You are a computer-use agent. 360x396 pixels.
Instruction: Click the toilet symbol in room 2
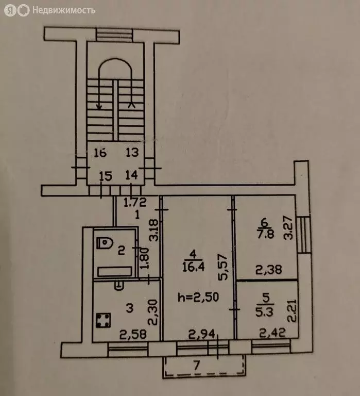click(105, 243)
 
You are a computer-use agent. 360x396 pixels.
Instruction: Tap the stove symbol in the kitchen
click(104, 320)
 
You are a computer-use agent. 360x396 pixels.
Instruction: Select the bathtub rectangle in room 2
click(115, 272)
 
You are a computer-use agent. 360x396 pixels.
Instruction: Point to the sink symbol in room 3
click(119, 286)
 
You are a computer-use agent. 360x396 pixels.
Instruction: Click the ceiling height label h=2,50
click(198, 297)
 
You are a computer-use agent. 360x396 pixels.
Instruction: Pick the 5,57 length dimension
click(224, 267)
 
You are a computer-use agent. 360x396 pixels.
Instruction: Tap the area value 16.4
click(193, 267)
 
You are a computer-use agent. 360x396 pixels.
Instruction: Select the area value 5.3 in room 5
click(264, 312)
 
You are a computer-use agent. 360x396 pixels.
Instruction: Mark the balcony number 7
click(197, 365)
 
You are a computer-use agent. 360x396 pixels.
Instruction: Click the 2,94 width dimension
click(201, 334)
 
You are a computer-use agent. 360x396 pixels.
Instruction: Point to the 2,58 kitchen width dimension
click(133, 334)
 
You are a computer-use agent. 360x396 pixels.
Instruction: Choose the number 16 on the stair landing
click(100, 153)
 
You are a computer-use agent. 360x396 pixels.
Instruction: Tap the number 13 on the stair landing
click(132, 152)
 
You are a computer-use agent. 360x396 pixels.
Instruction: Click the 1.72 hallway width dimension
click(135, 202)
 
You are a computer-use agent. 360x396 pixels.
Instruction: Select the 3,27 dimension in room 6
click(288, 227)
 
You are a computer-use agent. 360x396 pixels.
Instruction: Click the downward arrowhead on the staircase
click(99, 107)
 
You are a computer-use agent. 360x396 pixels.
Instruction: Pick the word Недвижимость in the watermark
click(64, 10)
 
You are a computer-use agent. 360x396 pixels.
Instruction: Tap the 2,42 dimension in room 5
click(272, 333)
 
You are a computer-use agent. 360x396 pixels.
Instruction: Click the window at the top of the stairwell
click(114, 35)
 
